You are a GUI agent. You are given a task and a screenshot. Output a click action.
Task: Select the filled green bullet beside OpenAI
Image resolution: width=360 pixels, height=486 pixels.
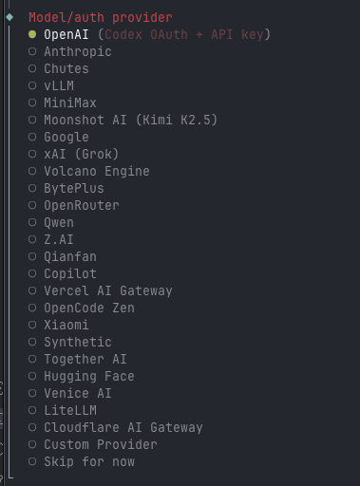(32, 34)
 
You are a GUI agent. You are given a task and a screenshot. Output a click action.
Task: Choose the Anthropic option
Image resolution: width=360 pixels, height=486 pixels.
(77, 51)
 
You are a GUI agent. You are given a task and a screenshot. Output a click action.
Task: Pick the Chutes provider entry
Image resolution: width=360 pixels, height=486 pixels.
(66, 68)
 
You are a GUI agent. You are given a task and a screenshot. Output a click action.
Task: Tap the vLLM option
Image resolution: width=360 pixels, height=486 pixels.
(60, 85)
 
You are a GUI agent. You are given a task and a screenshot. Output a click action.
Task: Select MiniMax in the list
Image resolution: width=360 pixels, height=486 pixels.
(69, 103)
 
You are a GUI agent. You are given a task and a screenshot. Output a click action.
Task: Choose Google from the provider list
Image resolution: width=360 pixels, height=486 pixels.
(66, 137)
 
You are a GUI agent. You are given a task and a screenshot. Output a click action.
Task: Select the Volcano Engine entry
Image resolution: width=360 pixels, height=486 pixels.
(96, 171)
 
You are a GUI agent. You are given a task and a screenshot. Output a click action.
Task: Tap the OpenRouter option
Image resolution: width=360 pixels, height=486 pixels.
(81, 205)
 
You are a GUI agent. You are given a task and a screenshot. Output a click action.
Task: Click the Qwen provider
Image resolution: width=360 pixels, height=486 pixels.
(58, 222)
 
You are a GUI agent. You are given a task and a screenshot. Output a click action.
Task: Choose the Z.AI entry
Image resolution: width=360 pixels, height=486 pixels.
(58, 239)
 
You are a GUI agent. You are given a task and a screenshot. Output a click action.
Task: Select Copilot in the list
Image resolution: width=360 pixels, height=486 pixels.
(69, 273)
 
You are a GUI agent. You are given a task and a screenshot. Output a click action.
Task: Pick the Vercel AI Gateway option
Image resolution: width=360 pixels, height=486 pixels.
(107, 290)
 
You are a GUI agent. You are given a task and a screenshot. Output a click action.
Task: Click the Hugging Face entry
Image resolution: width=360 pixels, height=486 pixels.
(88, 376)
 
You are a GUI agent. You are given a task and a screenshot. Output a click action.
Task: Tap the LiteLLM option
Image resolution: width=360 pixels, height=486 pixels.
(69, 410)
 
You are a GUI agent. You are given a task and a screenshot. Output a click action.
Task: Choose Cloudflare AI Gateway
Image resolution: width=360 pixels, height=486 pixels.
(123, 427)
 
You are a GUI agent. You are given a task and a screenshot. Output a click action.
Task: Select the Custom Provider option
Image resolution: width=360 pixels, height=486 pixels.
(100, 444)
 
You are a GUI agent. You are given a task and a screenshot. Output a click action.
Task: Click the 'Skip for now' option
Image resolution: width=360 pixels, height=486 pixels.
(88, 461)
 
